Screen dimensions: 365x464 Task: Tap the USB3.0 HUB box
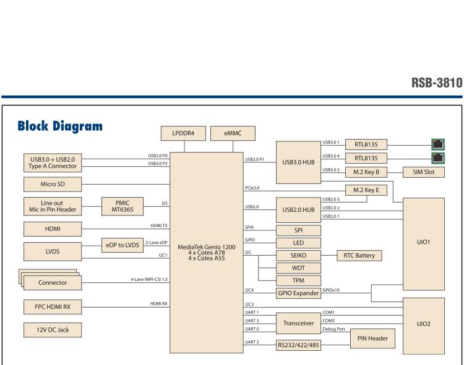299,162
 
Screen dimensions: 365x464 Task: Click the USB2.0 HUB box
299,209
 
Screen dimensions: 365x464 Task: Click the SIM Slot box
424,172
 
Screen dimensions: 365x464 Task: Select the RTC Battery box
359,256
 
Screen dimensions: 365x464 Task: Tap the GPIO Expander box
299,293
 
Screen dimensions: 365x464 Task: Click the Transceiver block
299,322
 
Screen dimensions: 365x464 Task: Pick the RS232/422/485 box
299,345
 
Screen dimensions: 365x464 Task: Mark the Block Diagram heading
60,127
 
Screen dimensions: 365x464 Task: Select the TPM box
299,280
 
